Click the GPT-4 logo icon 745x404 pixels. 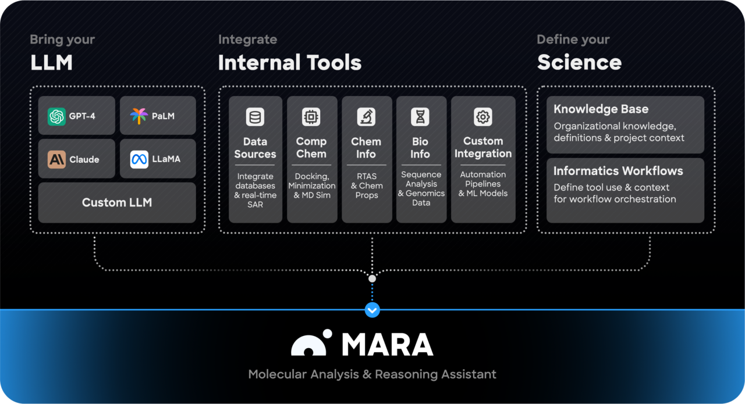click(x=56, y=116)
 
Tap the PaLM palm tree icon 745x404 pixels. click(x=139, y=116)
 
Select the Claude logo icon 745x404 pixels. click(x=56, y=159)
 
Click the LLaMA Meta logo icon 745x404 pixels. click(x=139, y=159)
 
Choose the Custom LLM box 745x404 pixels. click(x=117, y=203)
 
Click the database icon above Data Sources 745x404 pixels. click(x=255, y=117)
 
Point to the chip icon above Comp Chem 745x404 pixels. click(x=311, y=117)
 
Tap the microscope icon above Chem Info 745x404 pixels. click(x=366, y=117)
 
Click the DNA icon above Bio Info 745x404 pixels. click(x=420, y=117)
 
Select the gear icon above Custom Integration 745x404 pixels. click(x=483, y=117)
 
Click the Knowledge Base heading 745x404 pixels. click(x=601, y=109)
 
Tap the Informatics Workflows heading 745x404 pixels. click(x=618, y=171)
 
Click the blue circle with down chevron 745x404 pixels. click(x=372, y=310)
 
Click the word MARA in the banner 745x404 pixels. click(x=387, y=345)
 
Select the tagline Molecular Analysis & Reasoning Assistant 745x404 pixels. click(x=372, y=374)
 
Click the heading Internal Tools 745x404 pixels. click(x=289, y=63)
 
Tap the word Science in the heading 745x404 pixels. click(x=579, y=63)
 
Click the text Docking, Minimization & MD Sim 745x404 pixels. click(x=311, y=186)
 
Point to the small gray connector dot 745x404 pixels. click(x=372, y=278)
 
